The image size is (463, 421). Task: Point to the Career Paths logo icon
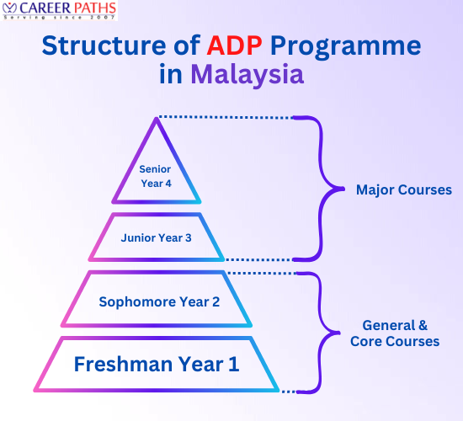point(11,11)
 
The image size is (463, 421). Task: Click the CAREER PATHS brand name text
point(68,9)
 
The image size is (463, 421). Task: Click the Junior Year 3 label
point(156,237)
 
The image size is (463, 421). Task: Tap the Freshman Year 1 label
point(157,365)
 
